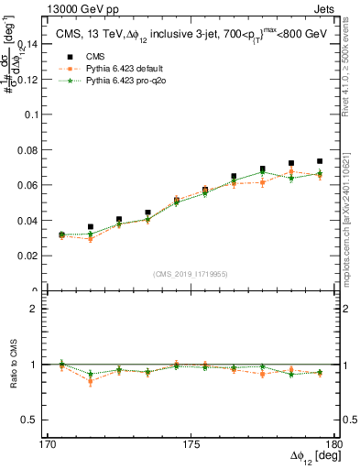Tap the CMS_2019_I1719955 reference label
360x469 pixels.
coord(191,273)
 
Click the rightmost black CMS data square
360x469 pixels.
coord(320,161)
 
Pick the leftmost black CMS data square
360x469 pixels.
coord(61,235)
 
